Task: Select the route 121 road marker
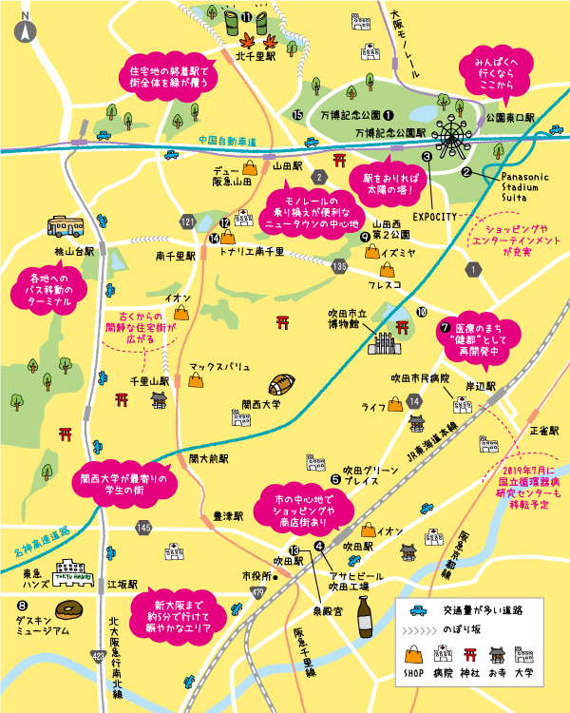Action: pos(187,222)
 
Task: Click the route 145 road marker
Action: pos(143,527)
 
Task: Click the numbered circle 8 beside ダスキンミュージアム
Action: pos(21,604)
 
